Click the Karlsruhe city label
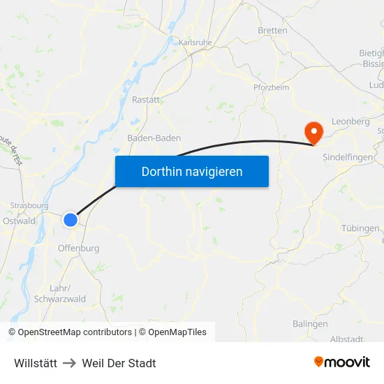tap(195, 43)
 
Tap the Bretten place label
tap(272, 31)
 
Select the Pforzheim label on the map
tap(271, 87)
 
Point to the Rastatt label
tap(147, 100)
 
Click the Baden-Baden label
tap(154, 138)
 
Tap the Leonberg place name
tap(350, 121)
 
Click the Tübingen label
tap(360, 228)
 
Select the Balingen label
tap(310, 324)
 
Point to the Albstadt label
tap(346, 339)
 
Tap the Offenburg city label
tap(78, 248)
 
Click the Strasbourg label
tap(29, 207)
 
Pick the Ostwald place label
tap(19, 221)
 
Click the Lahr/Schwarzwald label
tap(68, 293)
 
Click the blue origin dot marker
tap(71, 220)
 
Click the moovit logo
tap(342, 362)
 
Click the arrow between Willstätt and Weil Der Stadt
tap(70, 363)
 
